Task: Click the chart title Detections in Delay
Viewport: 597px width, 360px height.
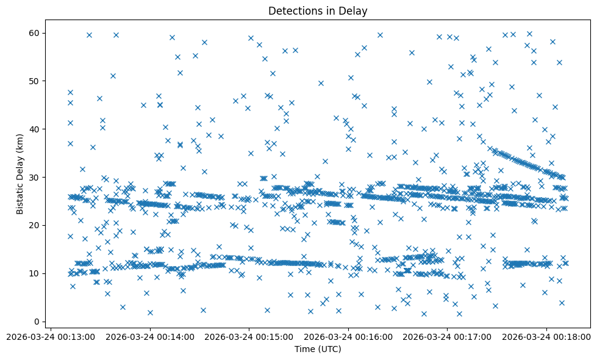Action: click(x=318, y=10)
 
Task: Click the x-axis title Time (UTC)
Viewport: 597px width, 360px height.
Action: click(x=318, y=349)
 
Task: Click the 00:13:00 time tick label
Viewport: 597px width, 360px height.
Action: click(x=51, y=336)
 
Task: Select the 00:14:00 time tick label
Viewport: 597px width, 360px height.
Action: click(x=150, y=336)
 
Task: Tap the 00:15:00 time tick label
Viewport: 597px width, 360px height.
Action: click(x=249, y=336)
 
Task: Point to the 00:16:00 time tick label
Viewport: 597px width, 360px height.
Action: click(x=349, y=336)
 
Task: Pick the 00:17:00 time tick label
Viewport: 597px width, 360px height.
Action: click(x=448, y=336)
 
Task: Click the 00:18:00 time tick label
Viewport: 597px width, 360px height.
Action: click(x=547, y=336)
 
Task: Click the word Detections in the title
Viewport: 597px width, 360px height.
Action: click(x=293, y=10)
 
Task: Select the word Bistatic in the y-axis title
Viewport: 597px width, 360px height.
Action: click(x=20, y=195)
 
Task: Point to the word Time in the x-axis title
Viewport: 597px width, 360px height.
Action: click(x=304, y=349)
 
